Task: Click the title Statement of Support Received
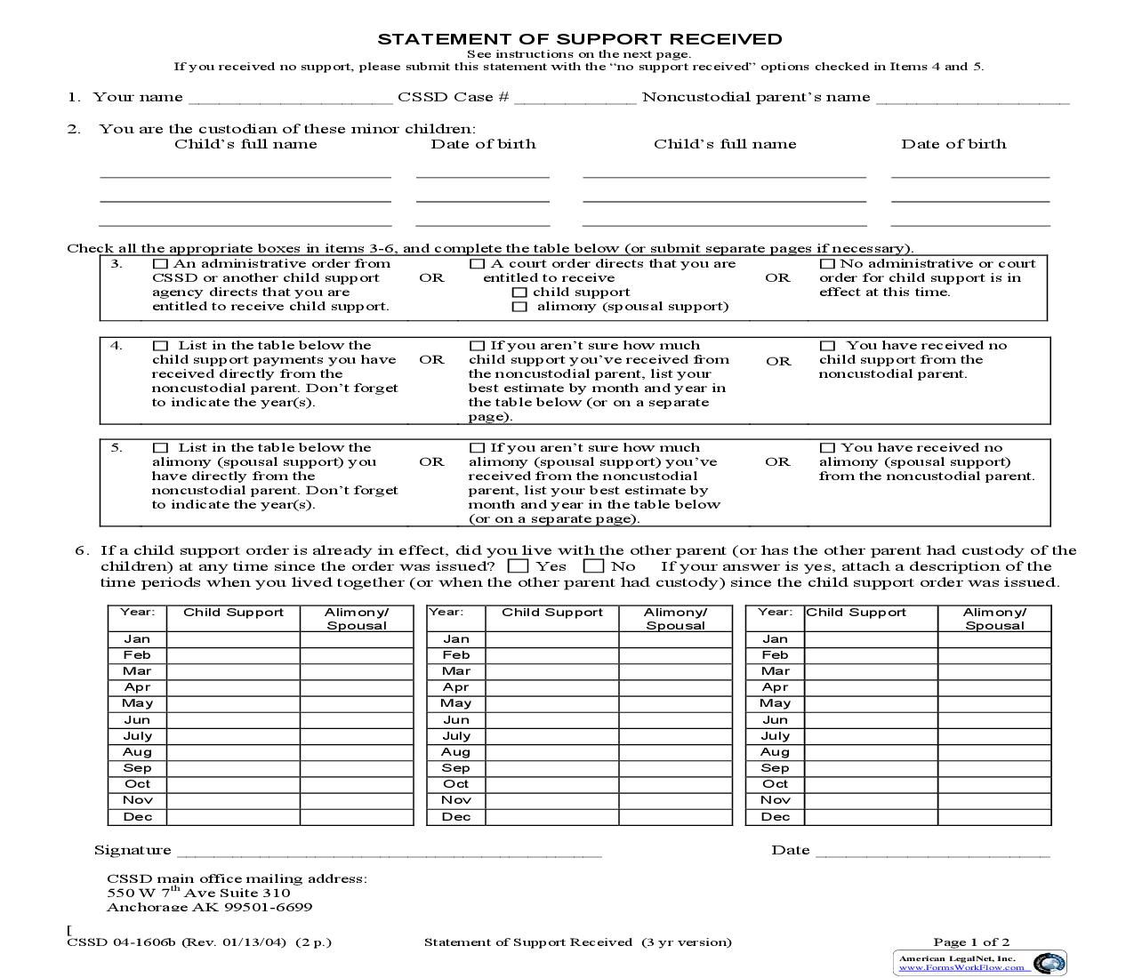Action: tap(580, 39)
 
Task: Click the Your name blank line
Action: tap(290, 99)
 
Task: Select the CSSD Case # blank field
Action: tap(575, 99)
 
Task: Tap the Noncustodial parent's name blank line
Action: tap(972, 99)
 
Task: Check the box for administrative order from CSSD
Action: tap(160, 264)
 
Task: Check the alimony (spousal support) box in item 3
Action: tap(519, 307)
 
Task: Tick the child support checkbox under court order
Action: tap(519, 293)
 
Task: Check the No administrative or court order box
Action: tap(827, 264)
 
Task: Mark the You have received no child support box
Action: tap(828, 346)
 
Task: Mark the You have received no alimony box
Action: tap(827, 448)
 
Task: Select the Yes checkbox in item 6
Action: tap(518, 566)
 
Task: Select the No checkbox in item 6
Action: tap(593, 566)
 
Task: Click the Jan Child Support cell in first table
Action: tap(233, 639)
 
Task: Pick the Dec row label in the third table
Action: tap(775, 817)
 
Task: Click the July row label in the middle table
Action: tap(456, 736)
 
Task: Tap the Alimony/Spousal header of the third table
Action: tap(994, 619)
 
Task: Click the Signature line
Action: tap(389, 852)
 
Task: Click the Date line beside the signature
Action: tap(932, 852)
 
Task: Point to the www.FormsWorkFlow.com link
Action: tap(961, 967)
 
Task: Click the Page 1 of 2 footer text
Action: tap(971, 942)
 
